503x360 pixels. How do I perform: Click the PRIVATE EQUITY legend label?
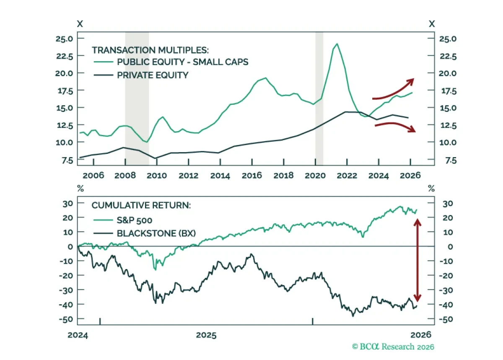pyautogui.click(x=153, y=75)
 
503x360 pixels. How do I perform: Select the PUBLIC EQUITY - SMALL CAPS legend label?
pyautogui.click(x=183, y=62)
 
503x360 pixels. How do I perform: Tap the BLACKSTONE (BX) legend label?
pyautogui.click(x=156, y=233)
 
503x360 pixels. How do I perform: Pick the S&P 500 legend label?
pyautogui.click(x=135, y=220)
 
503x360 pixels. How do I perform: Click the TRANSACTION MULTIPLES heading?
pyautogui.click(x=150, y=50)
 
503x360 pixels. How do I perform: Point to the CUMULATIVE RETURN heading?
pyautogui.click(x=141, y=205)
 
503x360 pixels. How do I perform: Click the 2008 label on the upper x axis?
pyautogui.click(x=125, y=176)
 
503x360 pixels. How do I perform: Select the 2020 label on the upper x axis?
pyautogui.click(x=315, y=176)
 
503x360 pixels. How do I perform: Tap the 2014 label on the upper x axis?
pyautogui.click(x=220, y=176)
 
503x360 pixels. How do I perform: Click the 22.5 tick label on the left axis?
pyautogui.click(x=65, y=56)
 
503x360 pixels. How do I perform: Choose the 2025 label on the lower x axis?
pyautogui.click(x=206, y=335)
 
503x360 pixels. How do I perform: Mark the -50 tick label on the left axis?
pyautogui.click(x=66, y=319)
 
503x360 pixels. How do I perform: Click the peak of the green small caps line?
pyautogui.click(x=337, y=44)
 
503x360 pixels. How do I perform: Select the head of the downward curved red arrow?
pyautogui.click(x=412, y=129)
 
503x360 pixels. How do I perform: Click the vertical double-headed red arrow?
pyautogui.click(x=417, y=260)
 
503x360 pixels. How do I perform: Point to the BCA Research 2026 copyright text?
pyautogui.click(x=393, y=347)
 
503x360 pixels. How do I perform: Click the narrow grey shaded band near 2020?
pyautogui.click(x=319, y=98)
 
